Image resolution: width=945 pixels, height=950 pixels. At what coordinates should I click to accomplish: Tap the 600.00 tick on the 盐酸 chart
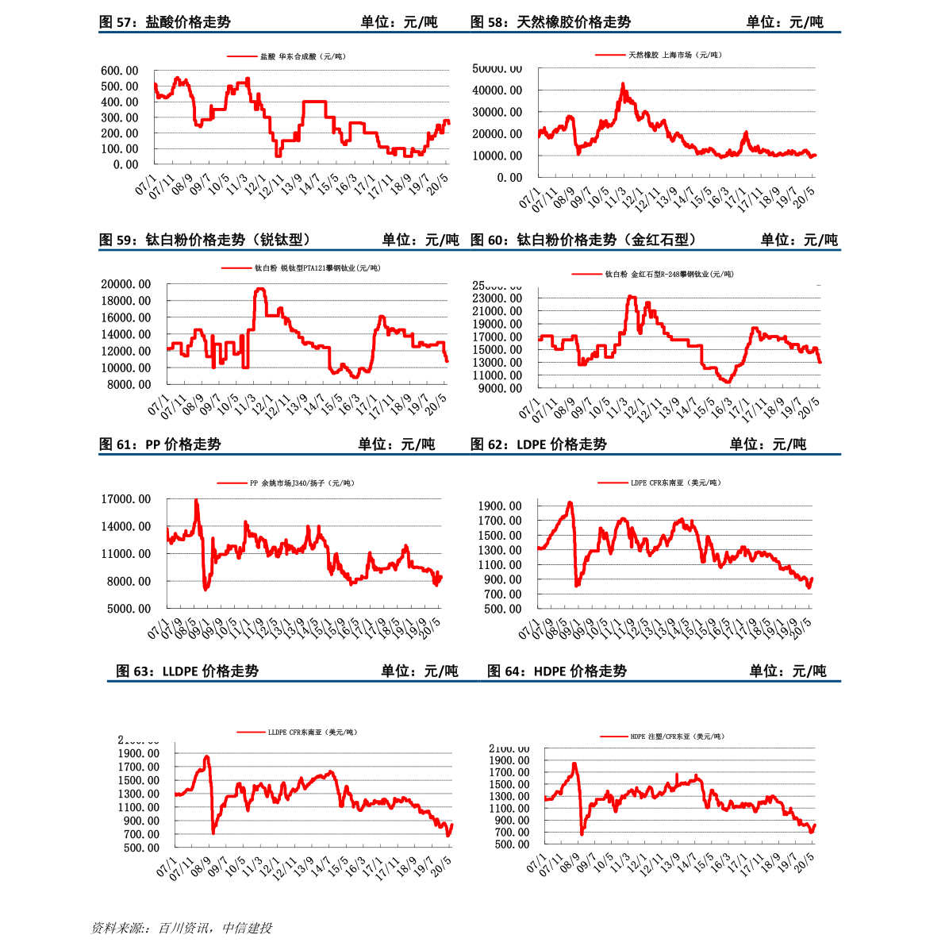(x=120, y=71)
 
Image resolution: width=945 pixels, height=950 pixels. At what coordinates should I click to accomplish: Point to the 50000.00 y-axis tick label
(x=497, y=69)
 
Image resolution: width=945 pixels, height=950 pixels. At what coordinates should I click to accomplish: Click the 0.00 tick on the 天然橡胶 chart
(x=509, y=178)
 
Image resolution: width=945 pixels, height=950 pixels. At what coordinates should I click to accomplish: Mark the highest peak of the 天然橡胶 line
(x=623, y=84)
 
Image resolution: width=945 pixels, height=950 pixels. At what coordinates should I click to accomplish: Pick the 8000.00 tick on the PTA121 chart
(x=126, y=385)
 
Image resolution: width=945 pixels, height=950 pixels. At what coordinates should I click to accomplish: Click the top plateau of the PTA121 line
(x=259, y=290)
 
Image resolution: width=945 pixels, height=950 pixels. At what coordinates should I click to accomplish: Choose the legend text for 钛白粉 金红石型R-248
(x=670, y=275)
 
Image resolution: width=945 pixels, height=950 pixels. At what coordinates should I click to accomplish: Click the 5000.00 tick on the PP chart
(x=126, y=609)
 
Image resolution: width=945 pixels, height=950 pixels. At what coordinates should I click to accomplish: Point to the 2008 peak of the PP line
(x=196, y=501)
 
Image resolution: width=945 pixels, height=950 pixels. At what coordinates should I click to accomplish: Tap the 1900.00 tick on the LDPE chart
(x=500, y=506)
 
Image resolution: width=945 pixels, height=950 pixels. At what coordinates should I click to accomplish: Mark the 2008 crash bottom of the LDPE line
(x=577, y=585)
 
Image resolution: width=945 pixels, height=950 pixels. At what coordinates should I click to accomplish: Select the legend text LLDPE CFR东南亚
(x=313, y=733)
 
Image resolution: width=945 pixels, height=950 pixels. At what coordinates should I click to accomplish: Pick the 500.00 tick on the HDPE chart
(x=512, y=844)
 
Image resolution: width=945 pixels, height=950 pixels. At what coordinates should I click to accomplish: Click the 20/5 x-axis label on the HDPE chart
(x=805, y=863)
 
